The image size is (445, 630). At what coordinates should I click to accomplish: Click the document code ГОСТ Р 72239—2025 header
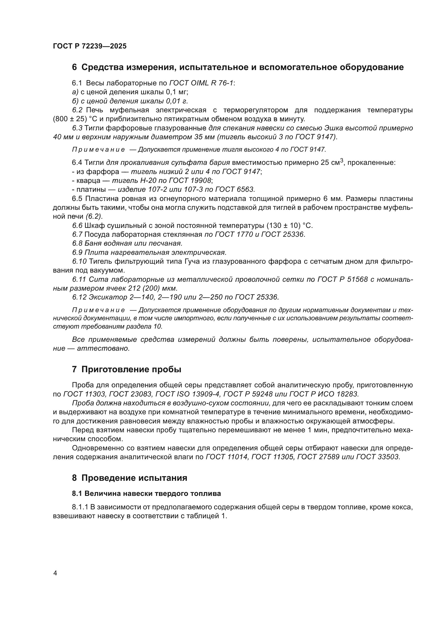pyautogui.click(x=90, y=46)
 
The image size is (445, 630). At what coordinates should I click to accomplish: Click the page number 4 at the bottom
pyautogui.click(x=55, y=573)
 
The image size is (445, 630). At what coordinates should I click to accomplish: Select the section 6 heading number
pyautogui.click(x=74, y=67)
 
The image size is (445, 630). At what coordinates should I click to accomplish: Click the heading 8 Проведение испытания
pyautogui.click(x=129, y=478)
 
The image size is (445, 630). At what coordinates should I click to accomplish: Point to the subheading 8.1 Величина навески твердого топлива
pyautogui.click(x=146, y=493)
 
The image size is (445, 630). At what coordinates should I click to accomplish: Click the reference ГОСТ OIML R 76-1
pyautogui.click(x=202, y=83)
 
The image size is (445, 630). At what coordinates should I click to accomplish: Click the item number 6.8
pyautogui.click(x=77, y=243)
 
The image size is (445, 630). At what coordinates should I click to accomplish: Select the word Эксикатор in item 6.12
pyautogui.click(x=104, y=297)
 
